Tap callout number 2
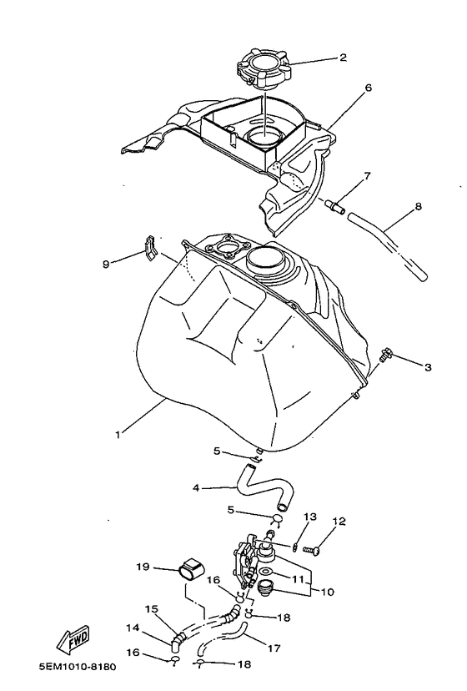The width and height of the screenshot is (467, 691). coord(342,59)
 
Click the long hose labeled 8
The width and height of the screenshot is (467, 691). coord(388,244)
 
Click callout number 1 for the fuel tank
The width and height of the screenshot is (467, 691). coord(118,434)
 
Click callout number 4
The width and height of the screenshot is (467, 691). coord(194,488)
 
